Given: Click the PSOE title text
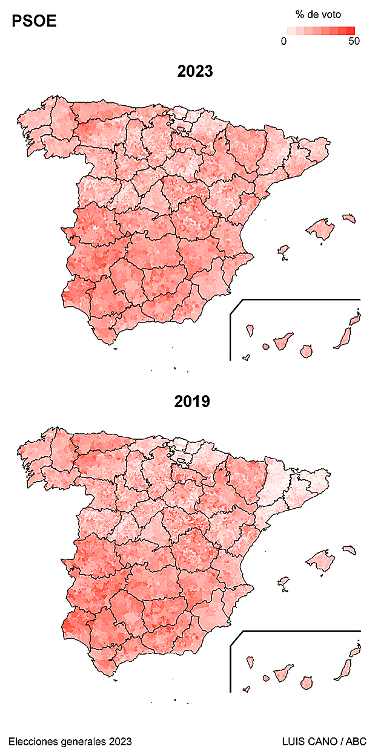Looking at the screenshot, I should point(34,22).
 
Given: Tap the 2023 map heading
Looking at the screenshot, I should point(195,71).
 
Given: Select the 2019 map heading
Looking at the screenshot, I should point(192,401).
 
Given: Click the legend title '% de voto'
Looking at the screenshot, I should point(318,15).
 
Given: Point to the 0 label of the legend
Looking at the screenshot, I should point(284,41).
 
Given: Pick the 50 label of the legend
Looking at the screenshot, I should point(354,41).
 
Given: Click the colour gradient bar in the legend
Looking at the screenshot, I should point(320,30).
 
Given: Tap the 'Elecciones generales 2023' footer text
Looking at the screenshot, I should point(70,741).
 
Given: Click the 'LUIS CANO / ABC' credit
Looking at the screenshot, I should point(324,741).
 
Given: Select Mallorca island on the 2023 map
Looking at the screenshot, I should point(320,230).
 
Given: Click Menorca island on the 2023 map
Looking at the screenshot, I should point(348,217).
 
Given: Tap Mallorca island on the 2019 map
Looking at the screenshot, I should point(320,560).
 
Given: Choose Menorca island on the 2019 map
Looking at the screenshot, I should point(348,549).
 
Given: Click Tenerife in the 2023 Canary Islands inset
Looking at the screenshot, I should point(283,341).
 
